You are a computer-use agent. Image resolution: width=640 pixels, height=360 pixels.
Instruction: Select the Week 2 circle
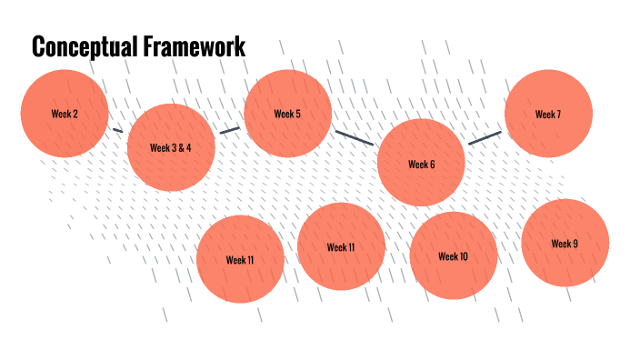coord(65,114)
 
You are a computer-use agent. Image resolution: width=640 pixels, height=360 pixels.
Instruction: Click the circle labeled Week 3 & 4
coord(171,147)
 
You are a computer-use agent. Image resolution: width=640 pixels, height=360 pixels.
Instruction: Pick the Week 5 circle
coord(287,114)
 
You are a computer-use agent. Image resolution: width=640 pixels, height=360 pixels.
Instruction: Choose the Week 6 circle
coord(421,165)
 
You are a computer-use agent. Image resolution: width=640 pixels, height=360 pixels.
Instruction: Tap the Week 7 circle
coord(548,115)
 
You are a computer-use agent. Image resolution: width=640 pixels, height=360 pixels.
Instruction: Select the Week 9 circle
coord(565,243)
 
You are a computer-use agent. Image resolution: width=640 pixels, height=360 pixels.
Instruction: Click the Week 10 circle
coord(453,256)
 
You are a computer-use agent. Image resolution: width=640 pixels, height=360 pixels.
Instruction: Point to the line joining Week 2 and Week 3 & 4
coord(116,130)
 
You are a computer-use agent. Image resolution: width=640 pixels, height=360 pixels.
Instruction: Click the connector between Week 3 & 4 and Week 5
coord(229,129)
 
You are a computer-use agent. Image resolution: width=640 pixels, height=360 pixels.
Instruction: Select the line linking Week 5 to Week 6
coord(354,137)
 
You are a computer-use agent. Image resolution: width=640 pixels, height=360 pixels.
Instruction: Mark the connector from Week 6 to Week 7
coord(485,138)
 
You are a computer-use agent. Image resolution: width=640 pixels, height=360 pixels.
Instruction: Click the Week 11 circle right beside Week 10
coord(341,246)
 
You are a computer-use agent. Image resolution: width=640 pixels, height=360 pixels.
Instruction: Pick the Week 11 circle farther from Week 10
coord(240,259)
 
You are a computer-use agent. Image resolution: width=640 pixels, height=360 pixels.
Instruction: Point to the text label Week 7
coord(548,115)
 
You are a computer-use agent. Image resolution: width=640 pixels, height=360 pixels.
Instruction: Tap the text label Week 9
coord(565,243)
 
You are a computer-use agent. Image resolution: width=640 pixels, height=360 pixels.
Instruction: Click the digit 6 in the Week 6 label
coord(432,165)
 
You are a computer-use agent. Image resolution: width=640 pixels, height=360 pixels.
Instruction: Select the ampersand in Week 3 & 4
coord(178,147)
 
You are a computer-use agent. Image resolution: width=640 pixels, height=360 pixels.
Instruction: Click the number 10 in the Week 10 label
coord(463,256)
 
